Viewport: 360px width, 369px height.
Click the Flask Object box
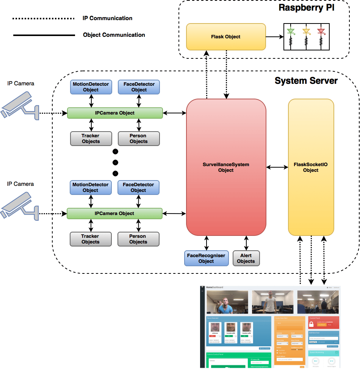(x=226, y=37)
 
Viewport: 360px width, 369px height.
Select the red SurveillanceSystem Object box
(x=226, y=167)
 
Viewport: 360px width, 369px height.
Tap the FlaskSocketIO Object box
(x=311, y=167)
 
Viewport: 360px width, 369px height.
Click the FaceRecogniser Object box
(x=206, y=258)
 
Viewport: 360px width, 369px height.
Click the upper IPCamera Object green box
(x=114, y=113)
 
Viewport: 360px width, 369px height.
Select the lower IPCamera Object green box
(x=114, y=214)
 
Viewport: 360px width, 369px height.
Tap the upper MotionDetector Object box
(x=91, y=87)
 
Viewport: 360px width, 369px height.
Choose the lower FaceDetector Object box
(x=138, y=187)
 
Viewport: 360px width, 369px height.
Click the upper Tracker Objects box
(x=91, y=138)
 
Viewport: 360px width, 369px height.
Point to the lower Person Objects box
(x=138, y=239)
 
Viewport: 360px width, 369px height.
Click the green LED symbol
(x=291, y=31)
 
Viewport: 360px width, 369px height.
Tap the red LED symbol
(x=321, y=31)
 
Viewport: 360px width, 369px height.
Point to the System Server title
(x=306, y=81)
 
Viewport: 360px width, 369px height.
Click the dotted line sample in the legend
(x=44, y=18)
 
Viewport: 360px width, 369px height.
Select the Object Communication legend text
(x=114, y=35)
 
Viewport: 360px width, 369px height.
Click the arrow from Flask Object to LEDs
(x=275, y=37)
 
